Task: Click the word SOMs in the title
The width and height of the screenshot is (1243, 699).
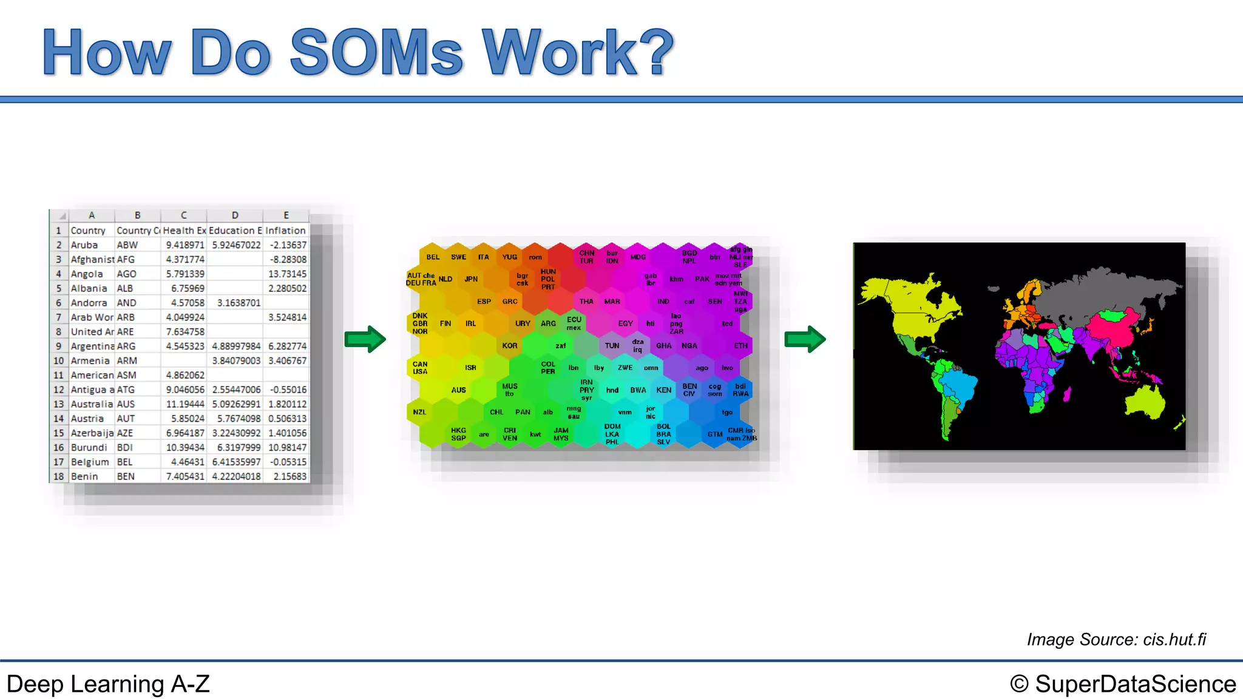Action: pyautogui.click(x=376, y=53)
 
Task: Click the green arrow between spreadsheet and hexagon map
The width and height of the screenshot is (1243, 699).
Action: pyautogui.click(x=365, y=339)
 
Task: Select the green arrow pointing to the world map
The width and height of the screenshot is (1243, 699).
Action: pyautogui.click(x=805, y=339)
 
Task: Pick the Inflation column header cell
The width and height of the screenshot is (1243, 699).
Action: pyautogui.click(x=285, y=231)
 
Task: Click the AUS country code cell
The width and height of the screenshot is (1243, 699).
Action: pyautogui.click(x=126, y=404)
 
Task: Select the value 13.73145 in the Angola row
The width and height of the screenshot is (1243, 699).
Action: pyautogui.click(x=287, y=274)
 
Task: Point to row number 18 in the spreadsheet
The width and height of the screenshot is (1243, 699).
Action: pyautogui.click(x=58, y=476)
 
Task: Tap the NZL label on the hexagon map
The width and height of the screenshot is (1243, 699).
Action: pyautogui.click(x=419, y=412)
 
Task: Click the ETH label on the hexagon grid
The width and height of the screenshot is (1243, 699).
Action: pyautogui.click(x=740, y=346)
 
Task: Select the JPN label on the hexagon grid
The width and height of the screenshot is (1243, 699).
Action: pyautogui.click(x=471, y=279)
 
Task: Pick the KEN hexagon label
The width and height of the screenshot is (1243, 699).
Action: pyautogui.click(x=663, y=390)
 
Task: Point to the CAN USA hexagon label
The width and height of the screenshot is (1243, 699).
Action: pyautogui.click(x=420, y=368)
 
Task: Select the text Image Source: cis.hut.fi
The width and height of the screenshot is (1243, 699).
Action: pyautogui.click(x=1116, y=640)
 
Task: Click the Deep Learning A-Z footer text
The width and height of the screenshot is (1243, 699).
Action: pyautogui.click(x=108, y=684)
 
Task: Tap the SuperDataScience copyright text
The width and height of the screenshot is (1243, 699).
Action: pyautogui.click(x=1123, y=684)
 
